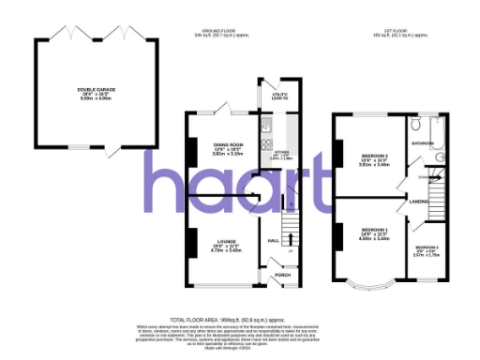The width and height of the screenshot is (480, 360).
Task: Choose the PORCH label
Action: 282,275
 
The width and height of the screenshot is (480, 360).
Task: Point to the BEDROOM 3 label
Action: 427,247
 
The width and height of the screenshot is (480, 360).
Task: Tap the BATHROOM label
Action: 424,143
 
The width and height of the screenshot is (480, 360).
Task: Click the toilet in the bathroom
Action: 415,123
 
